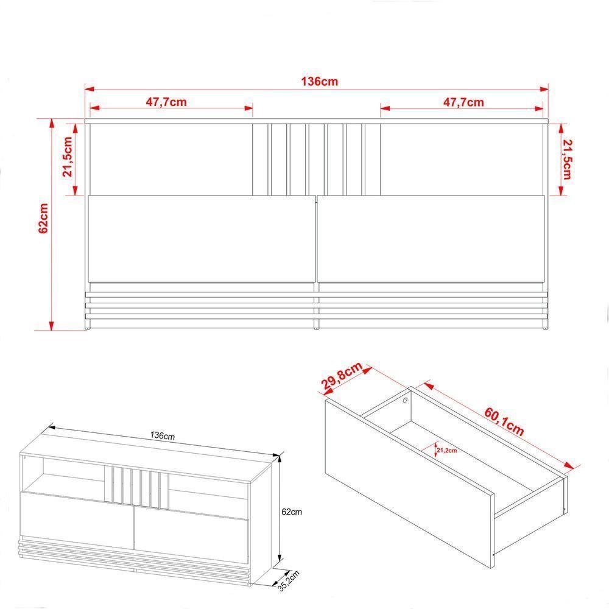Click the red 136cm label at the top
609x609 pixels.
pyautogui.click(x=319, y=82)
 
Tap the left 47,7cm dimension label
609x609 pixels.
pyautogui.click(x=166, y=102)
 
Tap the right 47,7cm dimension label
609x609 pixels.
pyautogui.click(x=463, y=102)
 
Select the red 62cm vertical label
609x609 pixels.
pyautogui.click(x=43, y=218)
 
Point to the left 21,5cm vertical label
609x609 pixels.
pyautogui.click(x=68, y=157)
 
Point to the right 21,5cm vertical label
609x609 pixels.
pyautogui.click(x=566, y=159)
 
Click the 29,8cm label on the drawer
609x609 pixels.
pyautogui.click(x=342, y=375)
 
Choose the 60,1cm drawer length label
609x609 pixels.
pyautogui.click(x=504, y=422)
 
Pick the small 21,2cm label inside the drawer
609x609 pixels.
pyautogui.click(x=446, y=451)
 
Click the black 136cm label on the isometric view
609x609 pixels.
pyautogui.click(x=163, y=436)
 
